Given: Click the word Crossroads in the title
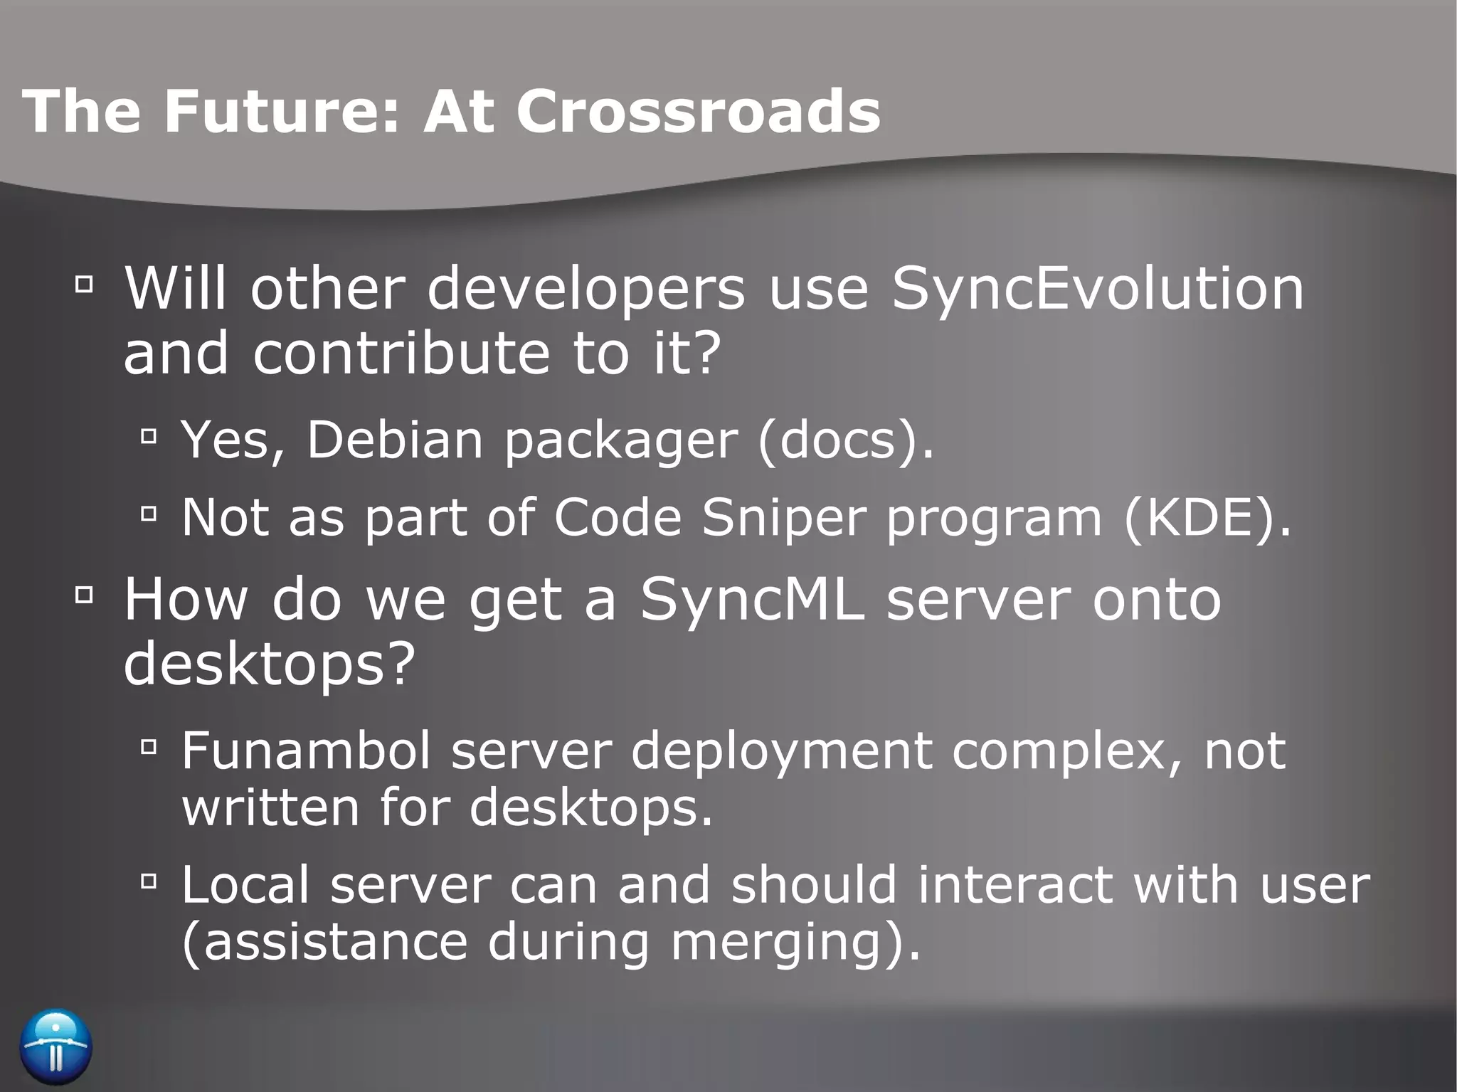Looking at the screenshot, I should click(x=698, y=111).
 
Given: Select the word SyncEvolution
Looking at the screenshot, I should click(x=1098, y=290).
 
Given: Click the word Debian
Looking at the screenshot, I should click(x=395, y=440).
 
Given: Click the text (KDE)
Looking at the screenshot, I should click(x=1207, y=518).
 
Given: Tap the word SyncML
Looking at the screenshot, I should click(x=752, y=600).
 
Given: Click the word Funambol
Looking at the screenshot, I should click(x=306, y=751).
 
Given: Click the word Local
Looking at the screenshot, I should click(x=245, y=885).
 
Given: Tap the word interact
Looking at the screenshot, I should click(x=1014, y=885).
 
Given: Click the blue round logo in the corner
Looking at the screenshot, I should click(x=56, y=1046).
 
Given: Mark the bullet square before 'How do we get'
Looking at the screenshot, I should click(x=84, y=594).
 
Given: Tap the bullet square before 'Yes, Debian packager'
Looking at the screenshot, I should click(x=149, y=435).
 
